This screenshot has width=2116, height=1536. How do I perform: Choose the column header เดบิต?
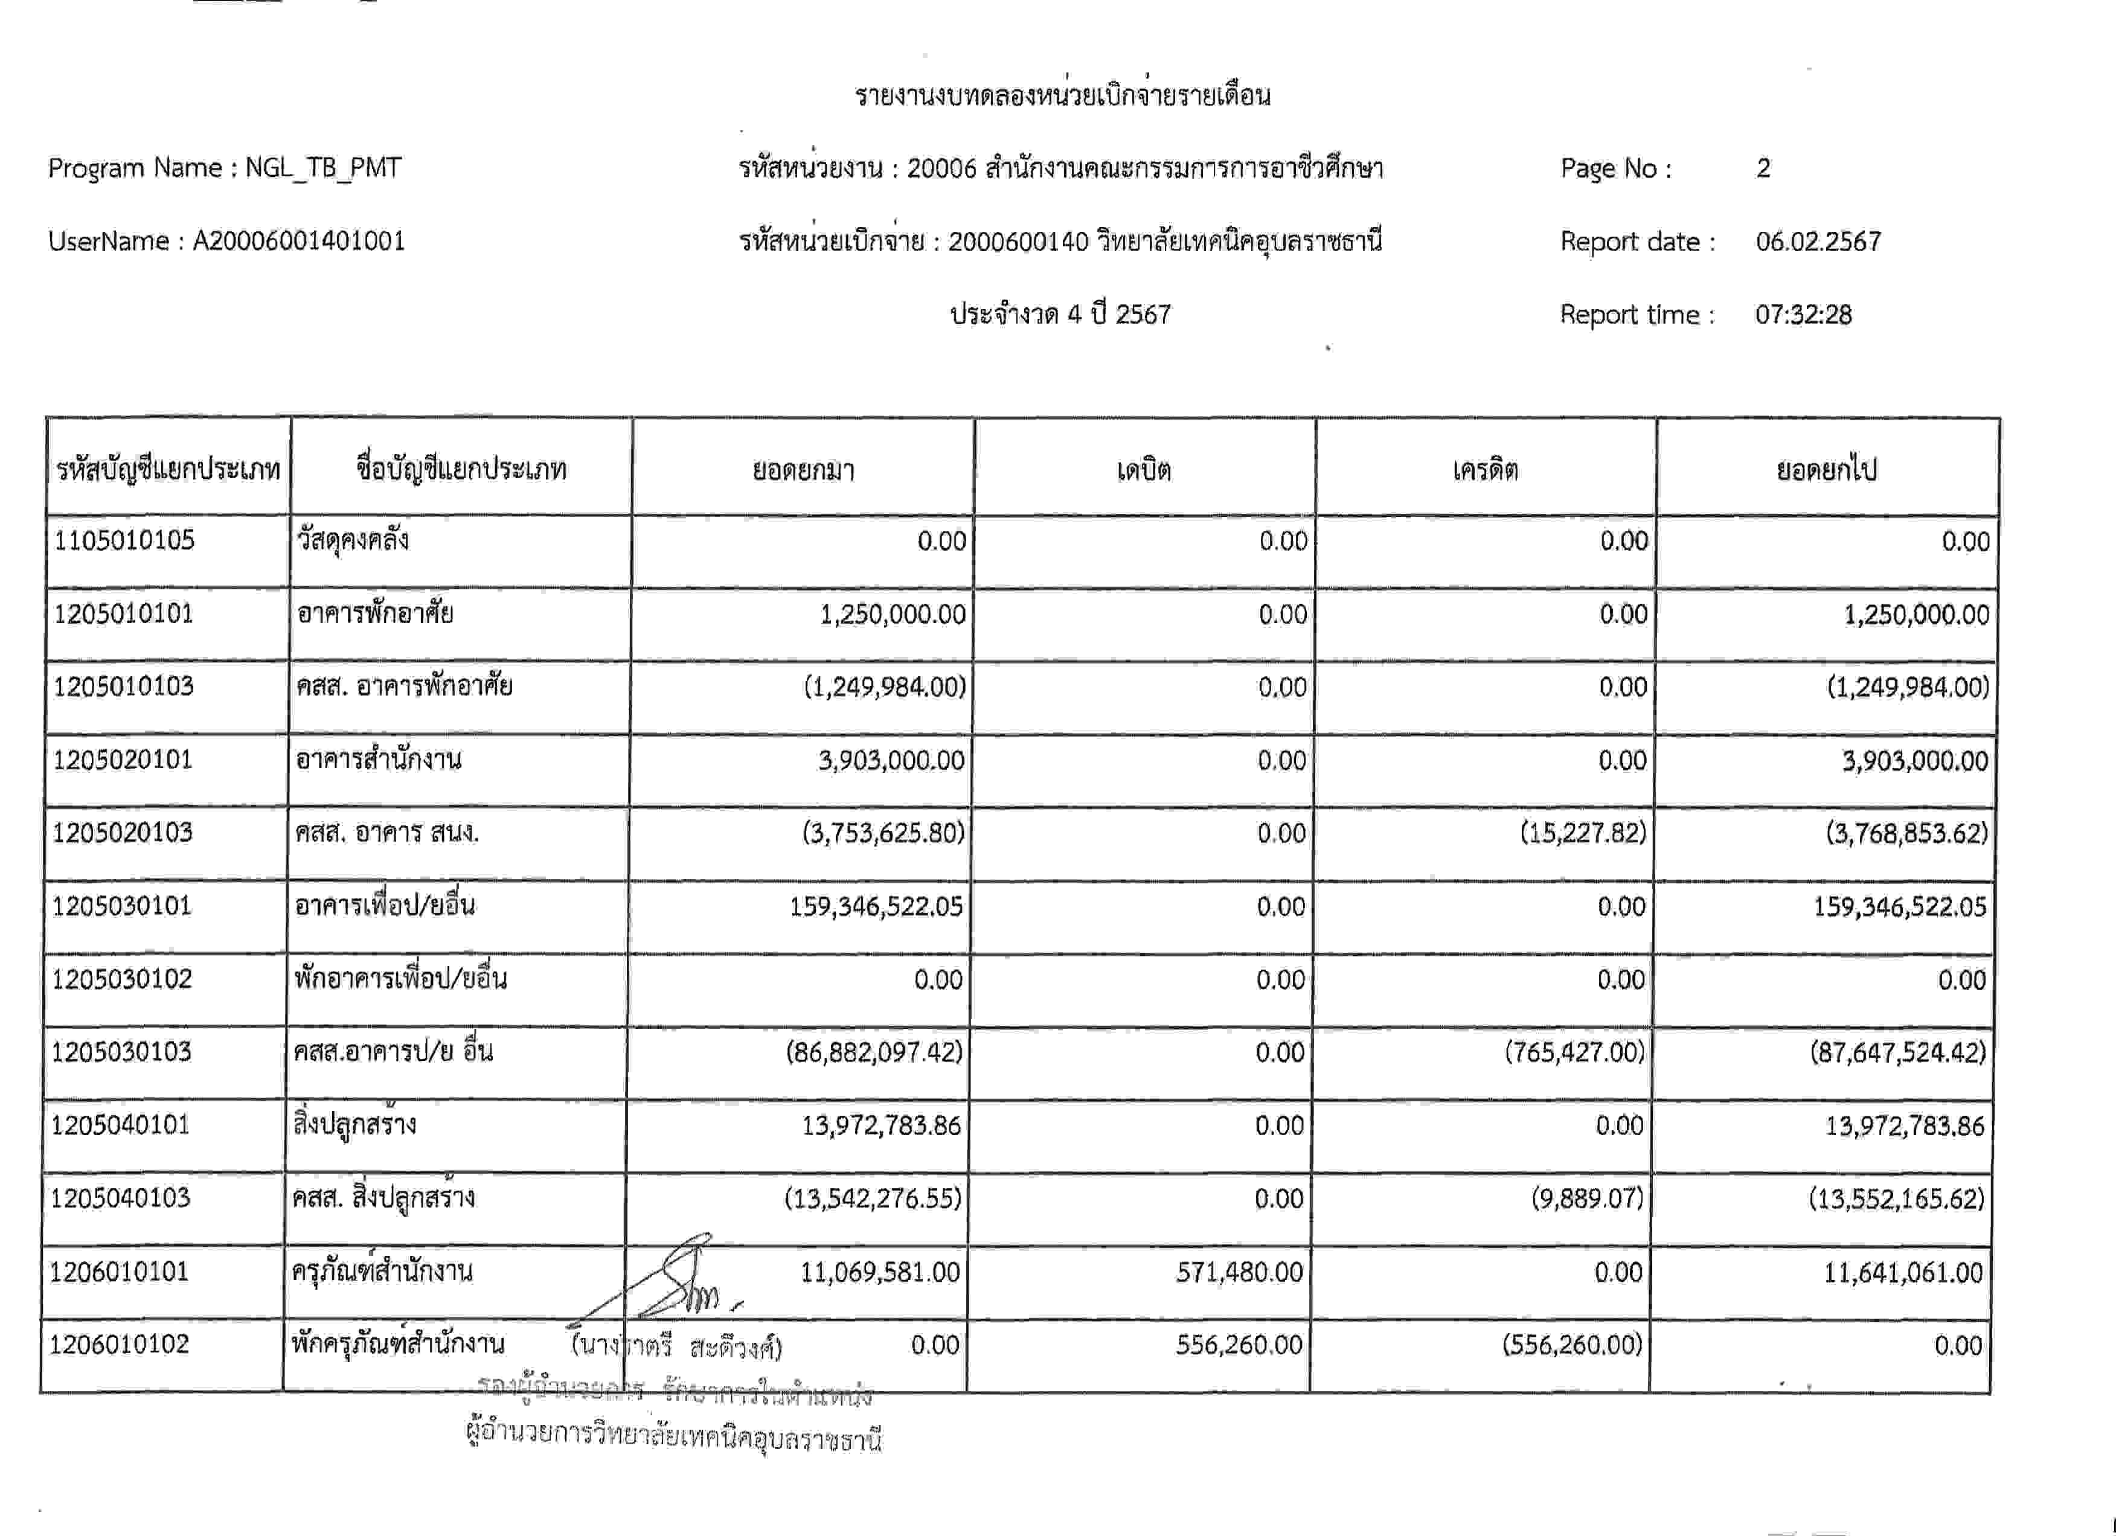click(1144, 469)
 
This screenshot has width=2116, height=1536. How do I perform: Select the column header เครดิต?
click(1486, 469)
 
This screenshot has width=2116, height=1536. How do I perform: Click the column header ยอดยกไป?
click(1826, 469)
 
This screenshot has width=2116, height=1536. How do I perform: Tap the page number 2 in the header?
click(1762, 168)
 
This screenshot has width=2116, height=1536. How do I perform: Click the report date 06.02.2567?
click(1818, 242)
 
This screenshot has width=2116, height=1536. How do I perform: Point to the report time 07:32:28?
click(1803, 315)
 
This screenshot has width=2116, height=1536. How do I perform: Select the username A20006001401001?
click(298, 242)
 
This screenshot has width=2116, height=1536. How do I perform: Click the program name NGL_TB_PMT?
click(323, 168)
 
